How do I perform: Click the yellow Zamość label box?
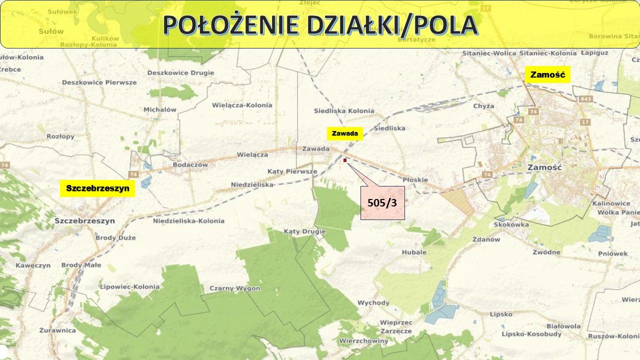(547, 75)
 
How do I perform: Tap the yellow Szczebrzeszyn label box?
(97, 188)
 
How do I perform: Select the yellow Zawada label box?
(345, 133)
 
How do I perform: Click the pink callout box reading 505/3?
(382, 202)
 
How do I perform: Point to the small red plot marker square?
(345, 160)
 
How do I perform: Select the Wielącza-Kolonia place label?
(242, 105)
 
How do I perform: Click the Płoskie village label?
(415, 179)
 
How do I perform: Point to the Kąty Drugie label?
(304, 231)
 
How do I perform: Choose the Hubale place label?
(414, 252)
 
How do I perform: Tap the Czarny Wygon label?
(234, 288)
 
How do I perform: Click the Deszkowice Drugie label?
(180, 72)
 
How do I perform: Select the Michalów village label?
(160, 109)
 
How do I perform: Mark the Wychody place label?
(373, 302)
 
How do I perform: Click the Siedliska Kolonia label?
(344, 110)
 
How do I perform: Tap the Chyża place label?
(483, 106)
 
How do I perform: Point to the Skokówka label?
(511, 224)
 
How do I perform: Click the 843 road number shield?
(585, 99)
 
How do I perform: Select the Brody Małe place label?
(81, 265)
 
